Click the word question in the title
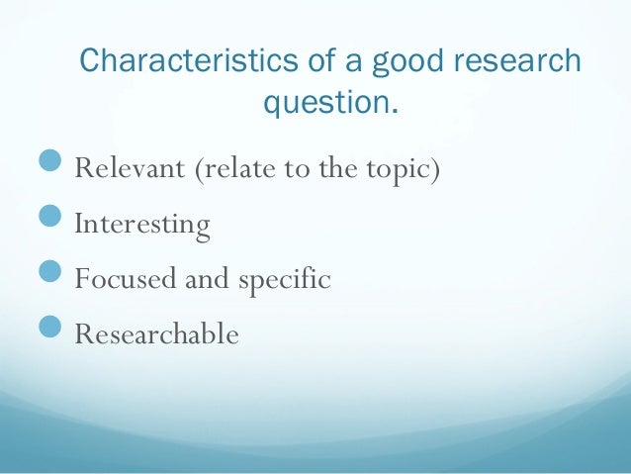[325, 101]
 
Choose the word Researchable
[157, 334]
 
